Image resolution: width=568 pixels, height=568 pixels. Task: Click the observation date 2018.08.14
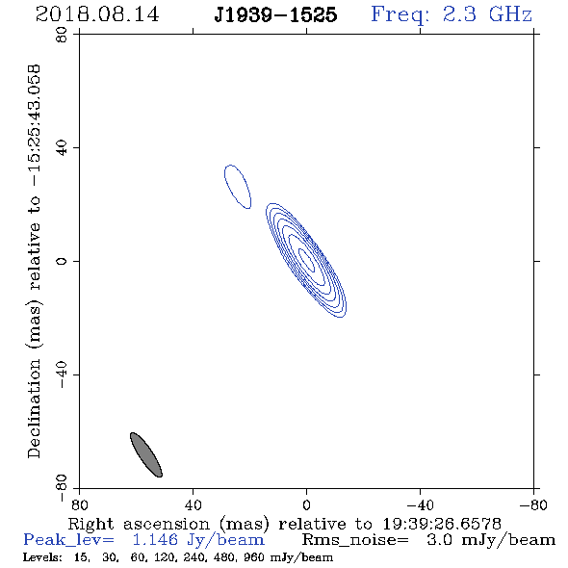coord(97,14)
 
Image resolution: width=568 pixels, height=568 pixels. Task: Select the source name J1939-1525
coord(275,15)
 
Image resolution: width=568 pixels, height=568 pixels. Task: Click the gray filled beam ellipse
coord(146,454)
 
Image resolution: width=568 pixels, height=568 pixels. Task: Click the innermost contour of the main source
coord(306,259)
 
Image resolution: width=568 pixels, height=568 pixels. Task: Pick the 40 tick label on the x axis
coord(193,505)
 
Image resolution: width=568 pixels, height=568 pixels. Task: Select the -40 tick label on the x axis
coord(420,505)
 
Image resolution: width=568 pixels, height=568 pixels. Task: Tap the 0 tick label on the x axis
coord(306,505)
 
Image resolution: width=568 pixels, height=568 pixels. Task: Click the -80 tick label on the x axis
coord(533,505)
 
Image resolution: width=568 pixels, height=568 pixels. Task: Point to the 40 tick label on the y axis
coord(62,148)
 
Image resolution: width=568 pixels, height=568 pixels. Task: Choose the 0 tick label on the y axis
coord(62,261)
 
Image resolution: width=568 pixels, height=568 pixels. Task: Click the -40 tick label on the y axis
coord(62,374)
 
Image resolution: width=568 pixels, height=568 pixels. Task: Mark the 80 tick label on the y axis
coord(62,35)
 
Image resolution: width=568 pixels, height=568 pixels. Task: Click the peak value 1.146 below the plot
coord(155,540)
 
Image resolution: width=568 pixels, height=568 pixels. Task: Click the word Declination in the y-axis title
coord(34,408)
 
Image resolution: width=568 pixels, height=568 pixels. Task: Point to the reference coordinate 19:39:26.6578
coord(442,524)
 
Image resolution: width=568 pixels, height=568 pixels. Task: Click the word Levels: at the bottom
coord(42,556)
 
